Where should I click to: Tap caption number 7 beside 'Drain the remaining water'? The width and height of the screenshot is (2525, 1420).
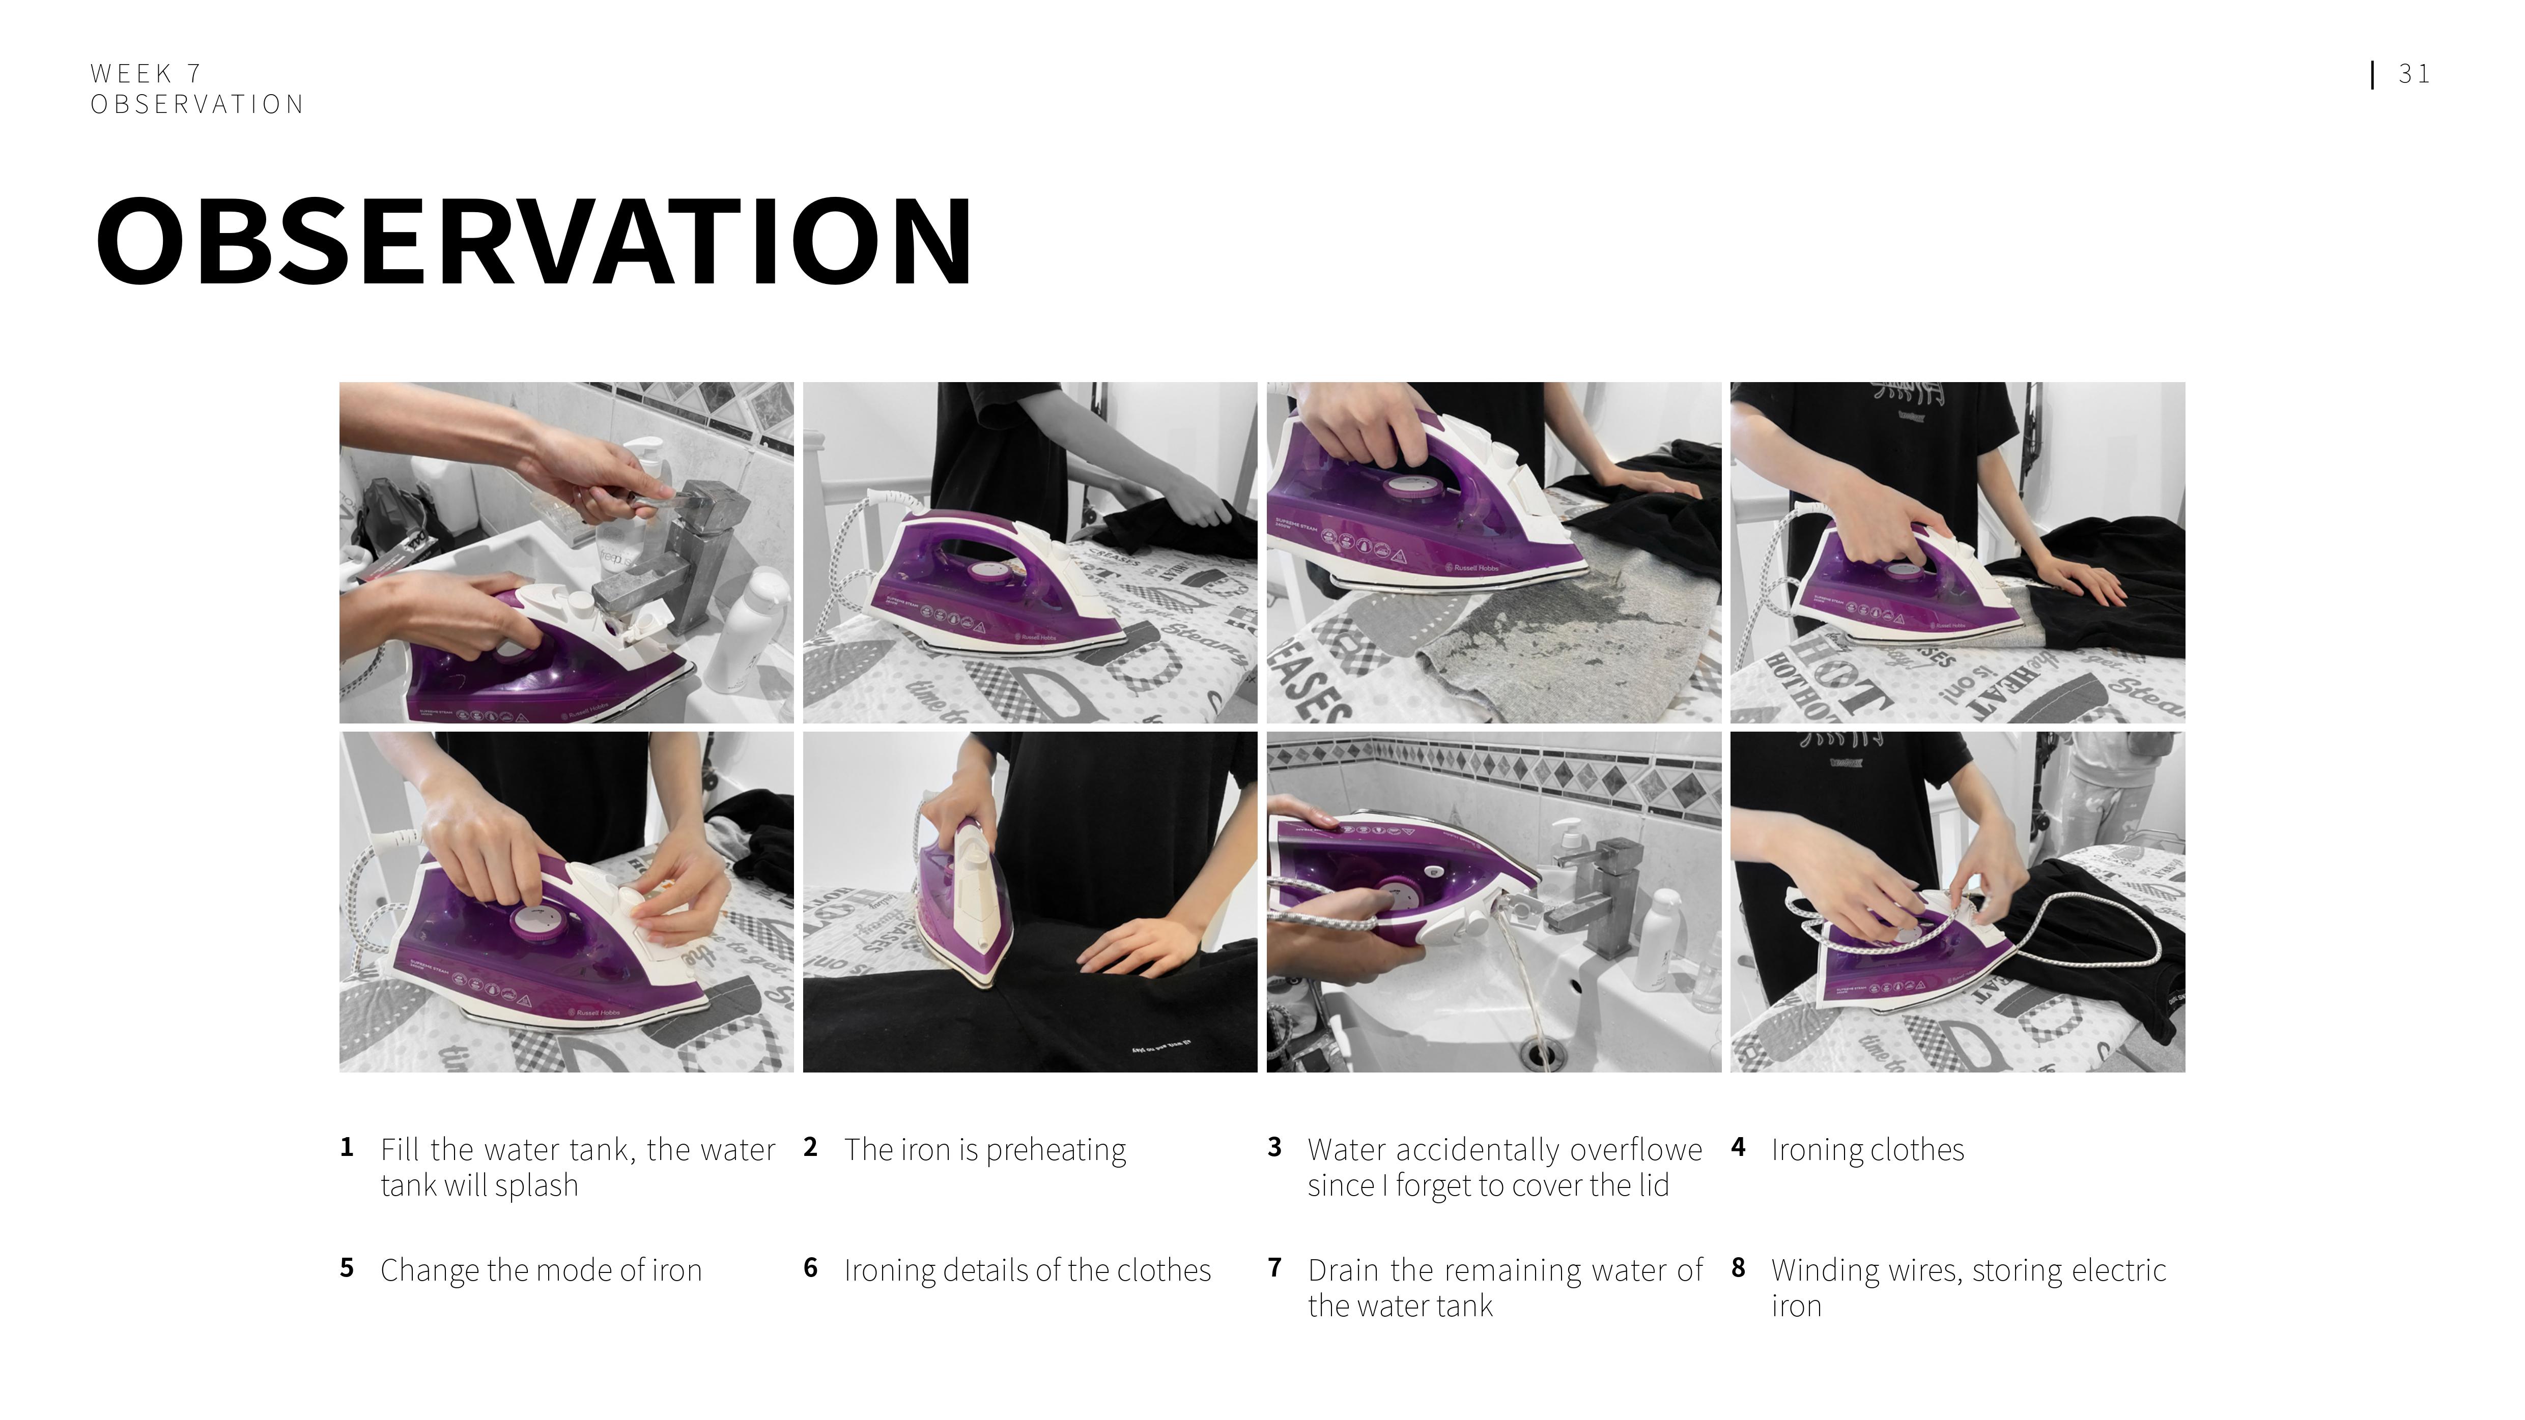[1274, 1267]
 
